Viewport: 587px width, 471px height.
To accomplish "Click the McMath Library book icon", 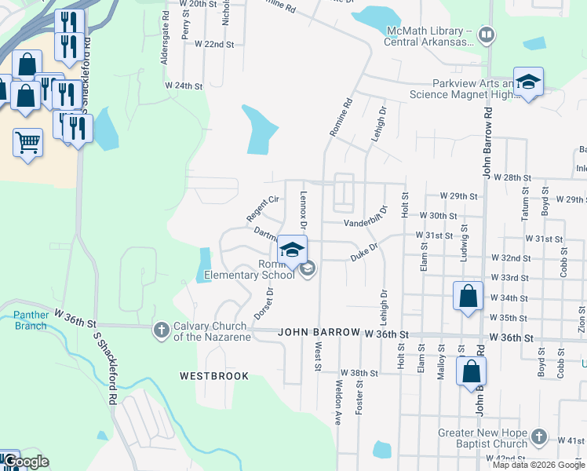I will point(487,35).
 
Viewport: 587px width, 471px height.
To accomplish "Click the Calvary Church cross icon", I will point(162,329).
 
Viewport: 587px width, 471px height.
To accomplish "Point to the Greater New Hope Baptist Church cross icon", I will point(538,436).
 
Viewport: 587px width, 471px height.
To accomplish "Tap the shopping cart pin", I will point(27,144).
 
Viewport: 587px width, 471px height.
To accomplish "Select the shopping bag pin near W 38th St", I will point(471,372).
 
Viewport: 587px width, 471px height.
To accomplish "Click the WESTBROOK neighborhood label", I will point(214,376).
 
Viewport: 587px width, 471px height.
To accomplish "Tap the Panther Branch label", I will point(31,321).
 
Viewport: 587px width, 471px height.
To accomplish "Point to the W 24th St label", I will point(184,85).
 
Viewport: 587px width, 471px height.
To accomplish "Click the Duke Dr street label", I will point(364,251).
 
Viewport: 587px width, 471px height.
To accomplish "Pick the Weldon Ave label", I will point(337,403).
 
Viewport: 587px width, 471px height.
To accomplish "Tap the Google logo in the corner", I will point(27,462).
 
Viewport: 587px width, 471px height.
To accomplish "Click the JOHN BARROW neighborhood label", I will point(318,334).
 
